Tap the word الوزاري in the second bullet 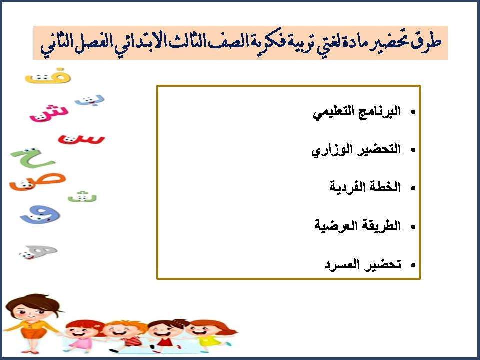click(328, 150)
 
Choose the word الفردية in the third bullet click(348, 187)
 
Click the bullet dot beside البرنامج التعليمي click(413, 113)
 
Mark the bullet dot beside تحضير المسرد click(413, 265)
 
